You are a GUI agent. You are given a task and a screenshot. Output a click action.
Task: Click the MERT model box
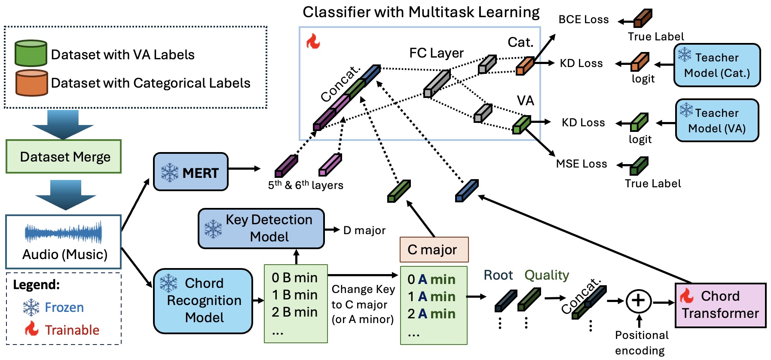tap(191, 172)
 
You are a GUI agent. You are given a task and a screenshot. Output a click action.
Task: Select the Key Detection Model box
tap(261, 229)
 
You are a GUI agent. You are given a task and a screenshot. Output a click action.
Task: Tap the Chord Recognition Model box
tap(203, 301)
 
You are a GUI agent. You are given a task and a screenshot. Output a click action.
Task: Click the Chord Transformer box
tap(720, 305)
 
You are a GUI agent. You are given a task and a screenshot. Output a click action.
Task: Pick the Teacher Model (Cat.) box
tap(717, 65)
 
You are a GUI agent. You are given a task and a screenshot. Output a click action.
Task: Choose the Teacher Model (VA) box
tap(717, 120)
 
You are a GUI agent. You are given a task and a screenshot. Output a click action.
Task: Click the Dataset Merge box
tap(64, 157)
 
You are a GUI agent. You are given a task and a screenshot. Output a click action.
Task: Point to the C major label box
tap(434, 250)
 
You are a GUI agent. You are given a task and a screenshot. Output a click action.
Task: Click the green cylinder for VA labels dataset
tap(31, 53)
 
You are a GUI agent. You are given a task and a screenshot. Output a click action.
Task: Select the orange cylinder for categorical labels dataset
tap(31, 82)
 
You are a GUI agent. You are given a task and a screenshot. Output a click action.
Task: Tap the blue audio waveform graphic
tap(64, 233)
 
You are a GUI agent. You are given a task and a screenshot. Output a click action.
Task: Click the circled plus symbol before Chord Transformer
tap(638, 301)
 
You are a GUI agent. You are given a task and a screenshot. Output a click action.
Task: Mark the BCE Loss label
tap(583, 20)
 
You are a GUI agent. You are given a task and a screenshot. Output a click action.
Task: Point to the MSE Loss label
tap(581, 164)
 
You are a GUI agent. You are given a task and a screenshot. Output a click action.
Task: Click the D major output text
tap(364, 230)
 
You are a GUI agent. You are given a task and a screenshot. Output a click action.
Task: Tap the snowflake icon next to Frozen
tap(31, 307)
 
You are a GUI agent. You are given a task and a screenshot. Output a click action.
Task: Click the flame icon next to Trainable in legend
tap(32, 329)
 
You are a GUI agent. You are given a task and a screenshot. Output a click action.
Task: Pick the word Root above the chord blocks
tap(498, 275)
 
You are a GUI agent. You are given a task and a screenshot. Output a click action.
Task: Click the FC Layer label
tap(436, 53)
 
